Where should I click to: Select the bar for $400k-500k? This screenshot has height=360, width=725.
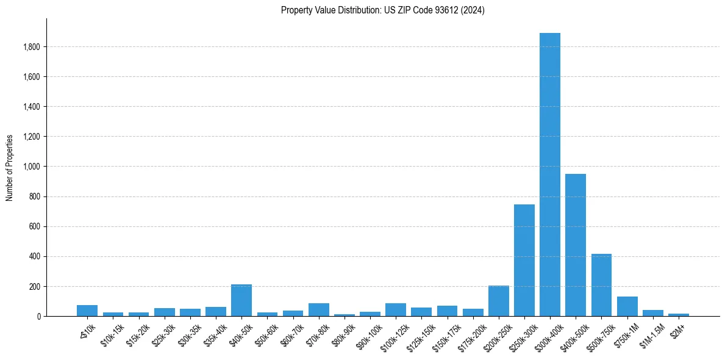tap(576, 245)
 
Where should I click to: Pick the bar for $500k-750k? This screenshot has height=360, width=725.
tap(601, 285)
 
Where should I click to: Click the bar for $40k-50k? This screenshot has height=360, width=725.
tap(241, 300)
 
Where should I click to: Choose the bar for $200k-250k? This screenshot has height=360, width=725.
tap(499, 301)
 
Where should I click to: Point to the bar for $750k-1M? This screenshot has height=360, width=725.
tap(627, 306)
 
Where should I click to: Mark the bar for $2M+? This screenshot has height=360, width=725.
tap(679, 315)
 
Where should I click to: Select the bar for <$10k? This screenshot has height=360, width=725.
tap(87, 311)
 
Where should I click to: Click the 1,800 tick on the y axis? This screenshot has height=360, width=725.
tap(32, 47)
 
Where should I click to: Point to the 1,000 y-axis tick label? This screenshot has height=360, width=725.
tap(32, 167)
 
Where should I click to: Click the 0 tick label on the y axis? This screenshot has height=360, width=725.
tap(39, 316)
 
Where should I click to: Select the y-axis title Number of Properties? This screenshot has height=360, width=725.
tap(10, 167)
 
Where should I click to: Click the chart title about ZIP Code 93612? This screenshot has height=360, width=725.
tap(383, 10)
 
